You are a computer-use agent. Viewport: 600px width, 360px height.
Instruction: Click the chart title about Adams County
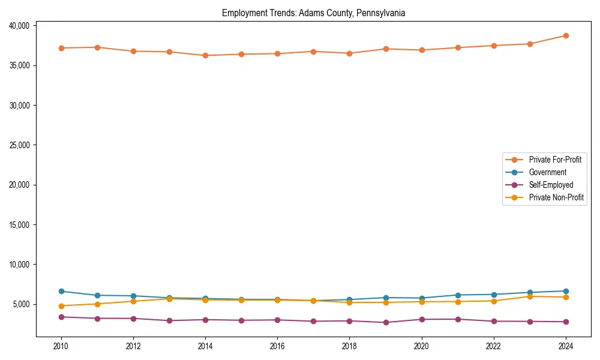pos(313,13)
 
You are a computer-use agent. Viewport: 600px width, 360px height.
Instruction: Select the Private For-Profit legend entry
pos(554,160)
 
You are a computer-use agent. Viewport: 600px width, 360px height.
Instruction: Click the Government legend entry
pos(547,172)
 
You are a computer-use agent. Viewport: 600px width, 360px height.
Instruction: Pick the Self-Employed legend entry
pos(551,185)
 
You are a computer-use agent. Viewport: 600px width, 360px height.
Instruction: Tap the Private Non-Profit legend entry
pos(556,197)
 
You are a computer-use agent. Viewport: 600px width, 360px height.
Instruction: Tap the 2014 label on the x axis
pos(205,346)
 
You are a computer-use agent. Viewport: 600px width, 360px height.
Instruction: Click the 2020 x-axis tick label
pos(421,346)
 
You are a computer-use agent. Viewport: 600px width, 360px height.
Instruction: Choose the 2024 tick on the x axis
pos(565,346)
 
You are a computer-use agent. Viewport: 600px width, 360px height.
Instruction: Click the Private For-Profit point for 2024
pos(565,35)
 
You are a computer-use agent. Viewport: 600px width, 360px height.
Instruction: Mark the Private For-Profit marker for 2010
pos(61,48)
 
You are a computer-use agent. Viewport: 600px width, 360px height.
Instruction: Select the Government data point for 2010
pos(61,291)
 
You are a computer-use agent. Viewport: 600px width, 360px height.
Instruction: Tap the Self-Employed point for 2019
pos(385,322)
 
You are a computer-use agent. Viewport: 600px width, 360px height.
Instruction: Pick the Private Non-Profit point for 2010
pos(61,306)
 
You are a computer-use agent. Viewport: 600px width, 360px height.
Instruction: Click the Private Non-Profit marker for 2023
pos(529,296)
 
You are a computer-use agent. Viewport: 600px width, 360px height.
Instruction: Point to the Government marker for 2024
pos(565,291)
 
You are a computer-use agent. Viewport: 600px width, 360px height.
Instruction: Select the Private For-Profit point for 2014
pos(205,55)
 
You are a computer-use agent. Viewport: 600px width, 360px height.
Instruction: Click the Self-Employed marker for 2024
pos(565,322)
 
